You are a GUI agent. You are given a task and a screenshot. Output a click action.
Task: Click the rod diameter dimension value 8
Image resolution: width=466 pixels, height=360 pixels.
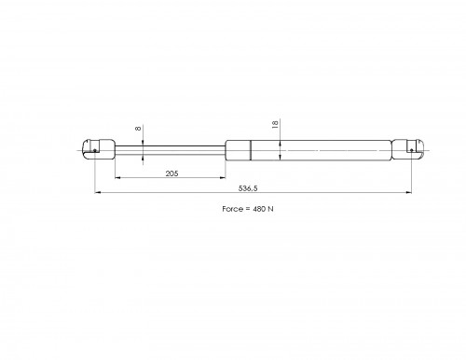point(138,128)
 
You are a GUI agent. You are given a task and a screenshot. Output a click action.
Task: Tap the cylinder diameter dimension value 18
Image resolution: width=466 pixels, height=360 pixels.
point(275,125)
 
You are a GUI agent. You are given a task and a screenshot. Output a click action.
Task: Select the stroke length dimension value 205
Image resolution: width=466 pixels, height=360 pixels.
point(171,173)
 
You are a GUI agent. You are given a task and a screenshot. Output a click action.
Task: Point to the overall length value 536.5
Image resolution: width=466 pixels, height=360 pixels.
point(248,188)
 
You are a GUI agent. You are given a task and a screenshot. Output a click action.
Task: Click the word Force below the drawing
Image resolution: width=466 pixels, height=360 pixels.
point(232,209)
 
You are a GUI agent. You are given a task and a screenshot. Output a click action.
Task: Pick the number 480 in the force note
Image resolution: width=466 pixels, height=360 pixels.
point(259,209)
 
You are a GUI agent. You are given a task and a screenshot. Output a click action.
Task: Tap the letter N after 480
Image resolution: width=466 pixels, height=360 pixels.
point(270,209)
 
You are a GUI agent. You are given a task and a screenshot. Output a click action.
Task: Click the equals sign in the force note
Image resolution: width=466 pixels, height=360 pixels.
point(248,209)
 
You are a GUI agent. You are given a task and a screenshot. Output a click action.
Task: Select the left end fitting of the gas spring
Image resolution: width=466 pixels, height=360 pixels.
point(99,149)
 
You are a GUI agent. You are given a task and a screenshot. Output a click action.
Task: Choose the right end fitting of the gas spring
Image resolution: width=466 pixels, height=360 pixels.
point(408,149)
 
